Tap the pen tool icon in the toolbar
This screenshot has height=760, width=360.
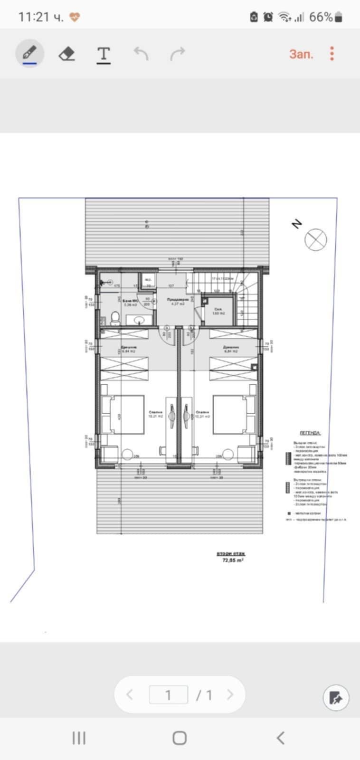[29, 54]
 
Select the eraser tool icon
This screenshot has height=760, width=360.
[67, 54]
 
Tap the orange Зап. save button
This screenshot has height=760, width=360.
[301, 54]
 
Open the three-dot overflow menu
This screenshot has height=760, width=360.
[332, 54]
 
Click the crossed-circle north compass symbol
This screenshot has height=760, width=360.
[316, 239]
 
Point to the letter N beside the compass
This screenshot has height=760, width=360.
[297, 224]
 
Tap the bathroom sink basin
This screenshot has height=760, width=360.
[140, 320]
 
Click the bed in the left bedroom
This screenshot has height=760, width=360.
[123, 414]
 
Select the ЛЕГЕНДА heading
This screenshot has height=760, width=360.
[310, 433]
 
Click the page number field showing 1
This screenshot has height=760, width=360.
[168, 695]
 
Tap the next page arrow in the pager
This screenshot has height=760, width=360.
[230, 695]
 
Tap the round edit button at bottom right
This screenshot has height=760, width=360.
[336, 698]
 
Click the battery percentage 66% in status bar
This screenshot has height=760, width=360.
[321, 17]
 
